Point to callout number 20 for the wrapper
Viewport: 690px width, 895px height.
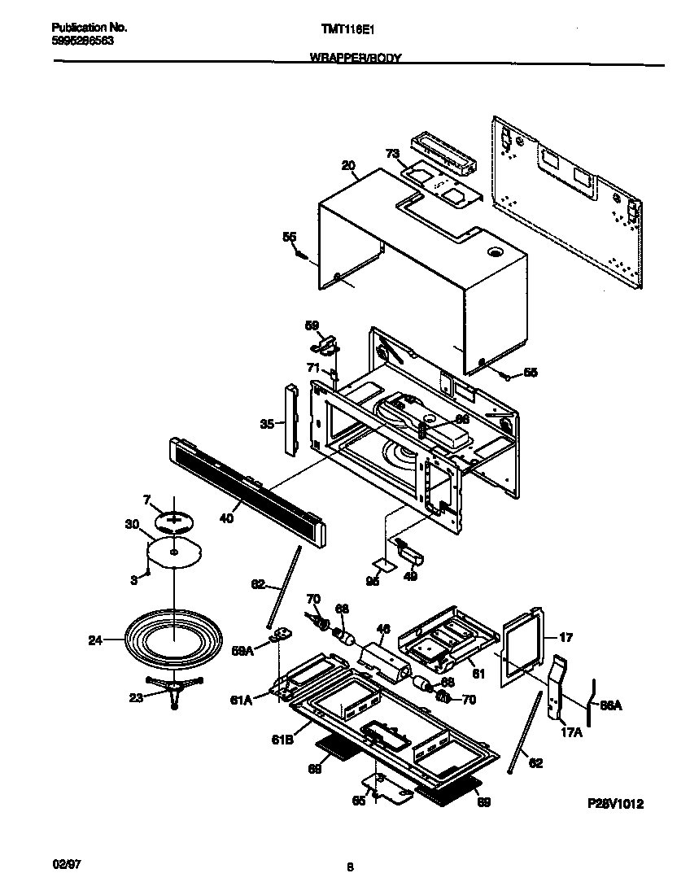pos(348,166)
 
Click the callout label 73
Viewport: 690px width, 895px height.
pos(392,153)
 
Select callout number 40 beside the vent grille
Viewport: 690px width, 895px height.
pos(227,517)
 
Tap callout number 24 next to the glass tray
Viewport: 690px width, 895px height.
pos(95,640)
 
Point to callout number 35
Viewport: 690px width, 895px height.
pos(266,423)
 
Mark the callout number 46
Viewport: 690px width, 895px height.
pos(384,629)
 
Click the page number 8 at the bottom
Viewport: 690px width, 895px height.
pos(349,867)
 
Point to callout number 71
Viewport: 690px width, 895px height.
pos(312,368)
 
